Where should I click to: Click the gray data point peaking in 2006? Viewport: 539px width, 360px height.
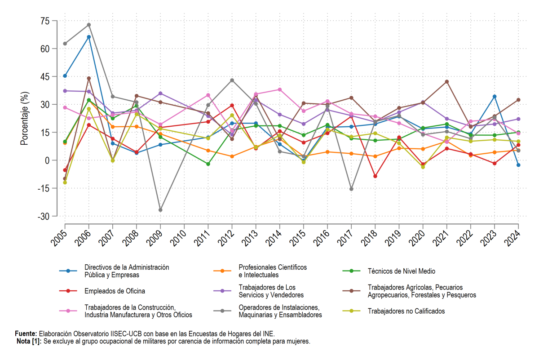(x=89, y=25)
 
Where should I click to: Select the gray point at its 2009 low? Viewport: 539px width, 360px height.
(x=160, y=210)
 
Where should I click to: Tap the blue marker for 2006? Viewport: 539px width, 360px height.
(x=89, y=37)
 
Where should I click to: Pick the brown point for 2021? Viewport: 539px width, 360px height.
(x=446, y=82)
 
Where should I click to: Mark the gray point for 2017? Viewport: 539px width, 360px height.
(x=351, y=189)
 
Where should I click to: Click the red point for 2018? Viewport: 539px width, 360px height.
(x=375, y=176)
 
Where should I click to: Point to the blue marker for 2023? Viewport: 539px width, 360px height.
(x=495, y=97)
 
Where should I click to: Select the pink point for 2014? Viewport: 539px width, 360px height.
(x=279, y=89)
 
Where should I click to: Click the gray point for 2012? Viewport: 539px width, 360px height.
(x=232, y=80)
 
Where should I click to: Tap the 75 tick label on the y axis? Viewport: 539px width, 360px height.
(x=45, y=21)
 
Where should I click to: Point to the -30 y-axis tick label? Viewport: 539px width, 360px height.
(x=44, y=217)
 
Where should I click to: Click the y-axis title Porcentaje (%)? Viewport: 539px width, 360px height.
(x=24, y=119)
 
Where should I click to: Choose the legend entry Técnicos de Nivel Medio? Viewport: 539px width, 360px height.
(x=402, y=271)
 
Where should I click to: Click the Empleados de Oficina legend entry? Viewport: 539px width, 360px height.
(x=115, y=291)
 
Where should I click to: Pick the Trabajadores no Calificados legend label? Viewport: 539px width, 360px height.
(x=406, y=311)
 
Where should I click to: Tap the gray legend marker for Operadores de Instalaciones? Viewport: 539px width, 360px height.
(x=222, y=311)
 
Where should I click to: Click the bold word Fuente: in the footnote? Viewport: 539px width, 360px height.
(x=26, y=333)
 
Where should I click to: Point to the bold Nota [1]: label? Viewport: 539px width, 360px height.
(x=29, y=341)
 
